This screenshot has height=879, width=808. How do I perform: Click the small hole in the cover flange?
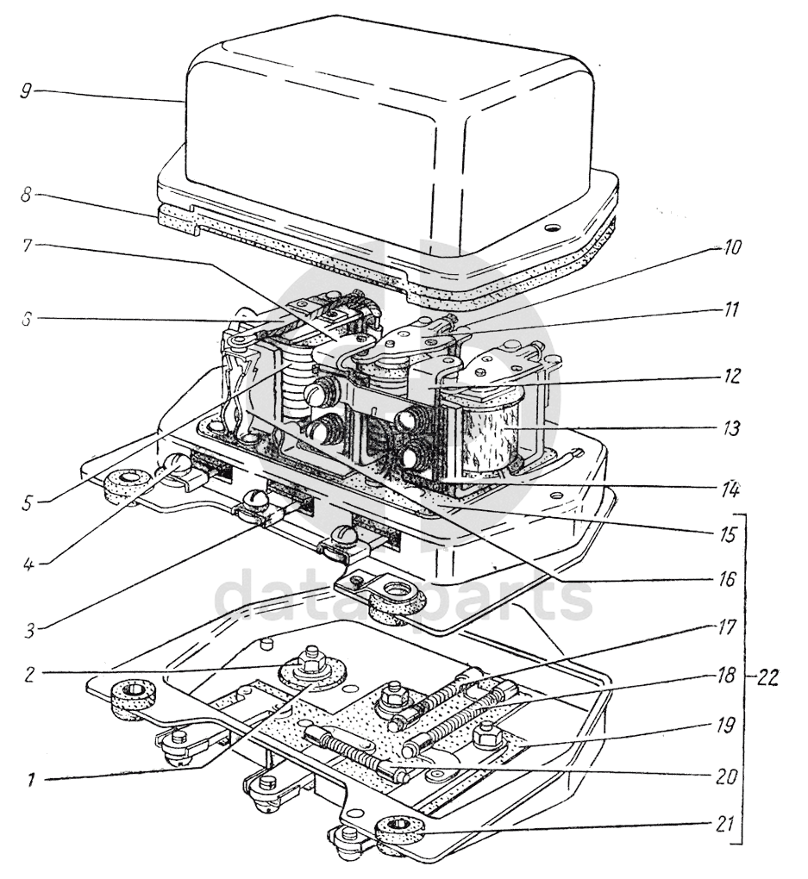(x=553, y=228)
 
